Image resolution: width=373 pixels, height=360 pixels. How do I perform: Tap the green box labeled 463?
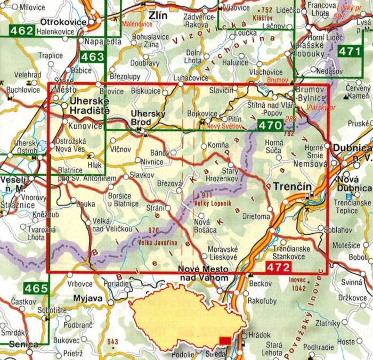(93, 57)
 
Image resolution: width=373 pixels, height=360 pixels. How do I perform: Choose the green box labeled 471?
(350, 52)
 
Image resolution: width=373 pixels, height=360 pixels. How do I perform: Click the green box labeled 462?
(21, 31)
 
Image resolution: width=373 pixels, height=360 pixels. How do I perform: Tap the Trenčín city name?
(288, 187)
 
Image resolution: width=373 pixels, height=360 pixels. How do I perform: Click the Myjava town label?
(87, 297)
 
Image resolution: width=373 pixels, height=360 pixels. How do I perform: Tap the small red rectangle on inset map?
(225, 340)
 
